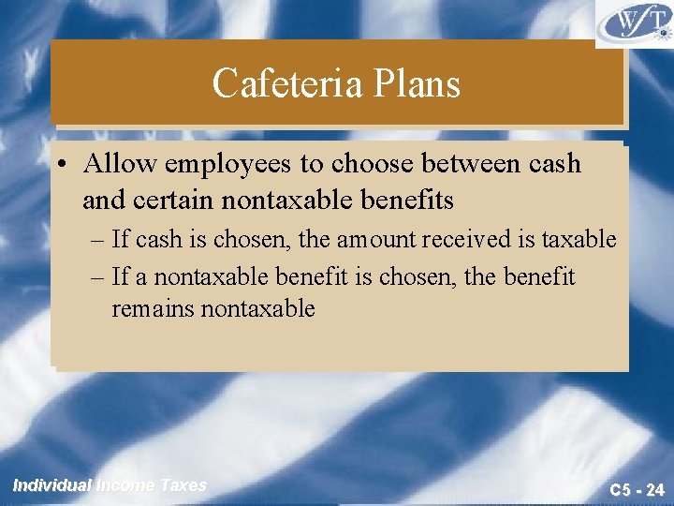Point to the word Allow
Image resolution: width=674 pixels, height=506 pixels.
pyautogui.click(x=120, y=164)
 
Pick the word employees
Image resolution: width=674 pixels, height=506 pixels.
pyautogui.click(x=228, y=165)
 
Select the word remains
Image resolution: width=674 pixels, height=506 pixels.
pyautogui.click(x=153, y=308)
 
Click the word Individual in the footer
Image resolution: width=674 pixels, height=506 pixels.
pyautogui.click(x=52, y=485)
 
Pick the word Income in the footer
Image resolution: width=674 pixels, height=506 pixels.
pyautogui.click(x=126, y=485)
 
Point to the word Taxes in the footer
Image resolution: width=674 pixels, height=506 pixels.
pyautogui.click(x=183, y=485)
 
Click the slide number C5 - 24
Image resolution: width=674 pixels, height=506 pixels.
pyautogui.click(x=637, y=489)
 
